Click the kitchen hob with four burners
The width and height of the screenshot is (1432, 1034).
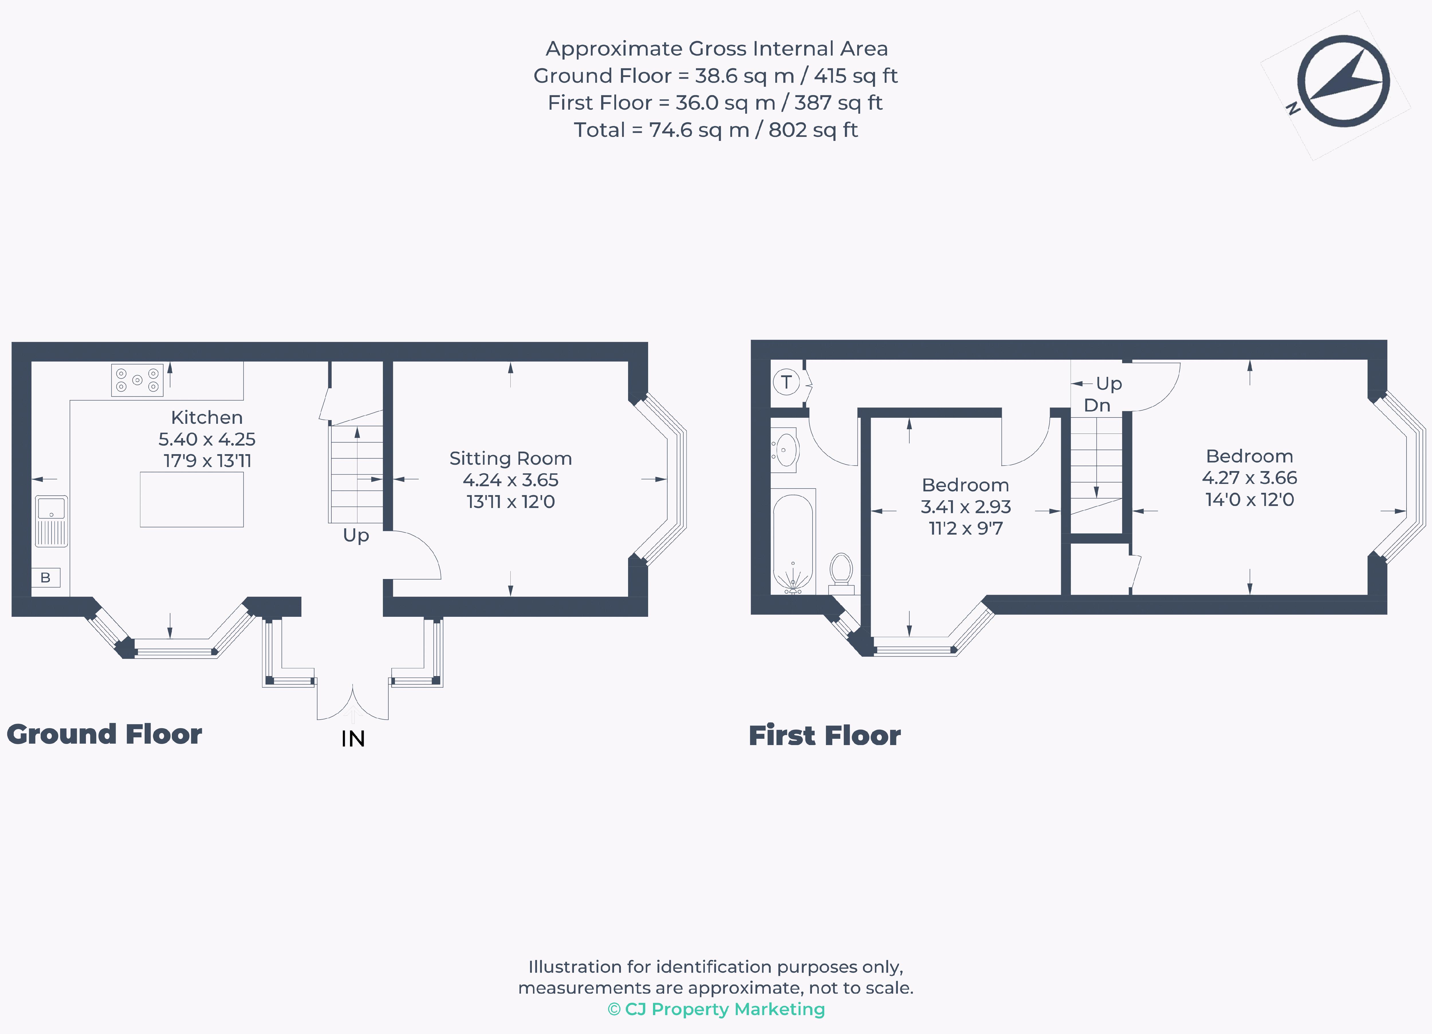click(137, 380)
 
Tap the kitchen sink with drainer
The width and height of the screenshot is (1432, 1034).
click(51, 521)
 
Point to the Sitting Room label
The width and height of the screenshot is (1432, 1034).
click(510, 458)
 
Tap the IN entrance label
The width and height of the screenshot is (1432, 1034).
click(353, 738)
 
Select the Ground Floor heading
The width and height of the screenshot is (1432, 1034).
click(104, 734)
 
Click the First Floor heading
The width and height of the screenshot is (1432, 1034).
click(825, 735)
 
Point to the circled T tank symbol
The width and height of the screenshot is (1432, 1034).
click(786, 382)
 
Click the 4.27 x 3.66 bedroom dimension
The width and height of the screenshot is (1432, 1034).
click(1250, 478)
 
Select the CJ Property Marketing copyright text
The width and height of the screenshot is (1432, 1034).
click(716, 1009)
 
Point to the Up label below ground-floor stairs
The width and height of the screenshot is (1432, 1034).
click(355, 535)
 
